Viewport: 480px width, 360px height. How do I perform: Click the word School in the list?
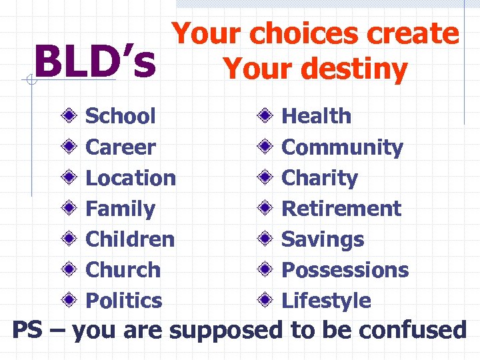[x=121, y=116]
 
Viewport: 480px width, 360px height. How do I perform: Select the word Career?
[x=121, y=147]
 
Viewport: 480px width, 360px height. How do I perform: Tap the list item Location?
[x=131, y=178]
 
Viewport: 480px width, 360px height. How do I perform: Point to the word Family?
[x=121, y=209]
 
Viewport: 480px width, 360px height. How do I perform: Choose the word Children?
[x=130, y=239]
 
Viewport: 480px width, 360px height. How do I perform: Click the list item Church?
[x=123, y=270]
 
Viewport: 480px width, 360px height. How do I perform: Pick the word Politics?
[x=124, y=301]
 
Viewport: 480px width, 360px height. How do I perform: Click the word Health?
[x=317, y=116]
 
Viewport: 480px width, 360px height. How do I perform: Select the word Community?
[x=343, y=147]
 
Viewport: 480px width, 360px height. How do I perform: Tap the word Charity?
[x=320, y=178]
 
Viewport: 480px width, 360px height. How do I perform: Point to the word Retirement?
[x=341, y=209]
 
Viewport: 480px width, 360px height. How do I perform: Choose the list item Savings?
[x=323, y=239]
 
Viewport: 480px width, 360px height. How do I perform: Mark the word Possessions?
[x=345, y=270]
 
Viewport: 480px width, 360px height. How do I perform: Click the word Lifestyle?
[x=327, y=301]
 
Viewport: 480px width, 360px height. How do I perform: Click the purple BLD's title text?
[x=95, y=61]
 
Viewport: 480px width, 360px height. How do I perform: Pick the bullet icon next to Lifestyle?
[x=265, y=301]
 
